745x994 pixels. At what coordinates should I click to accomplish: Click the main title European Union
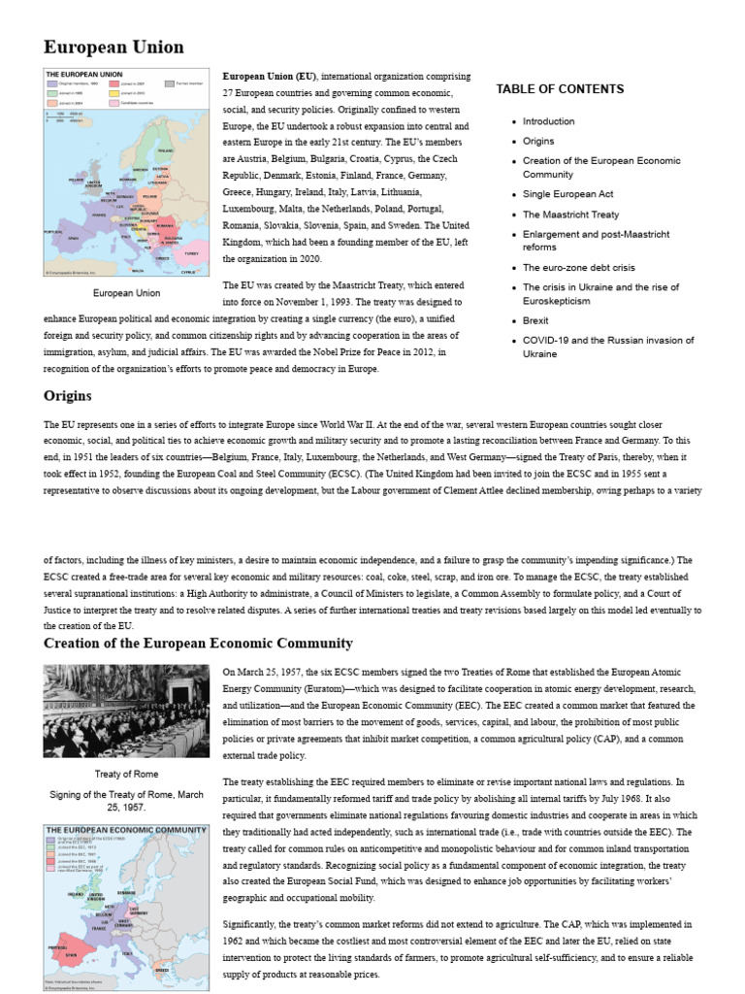(113, 47)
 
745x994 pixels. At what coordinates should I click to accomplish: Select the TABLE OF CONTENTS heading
(560, 89)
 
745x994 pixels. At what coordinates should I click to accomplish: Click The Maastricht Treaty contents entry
(570, 215)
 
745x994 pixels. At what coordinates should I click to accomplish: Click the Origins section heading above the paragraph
(68, 396)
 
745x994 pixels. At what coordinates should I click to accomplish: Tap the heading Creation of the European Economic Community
(198, 644)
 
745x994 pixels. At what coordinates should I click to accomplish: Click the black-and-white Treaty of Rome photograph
(126, 711)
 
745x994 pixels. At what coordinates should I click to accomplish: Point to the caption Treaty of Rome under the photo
(126, 774)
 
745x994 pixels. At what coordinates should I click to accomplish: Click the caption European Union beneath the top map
(126, 292)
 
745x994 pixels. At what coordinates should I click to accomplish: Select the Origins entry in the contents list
(538, 141)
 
